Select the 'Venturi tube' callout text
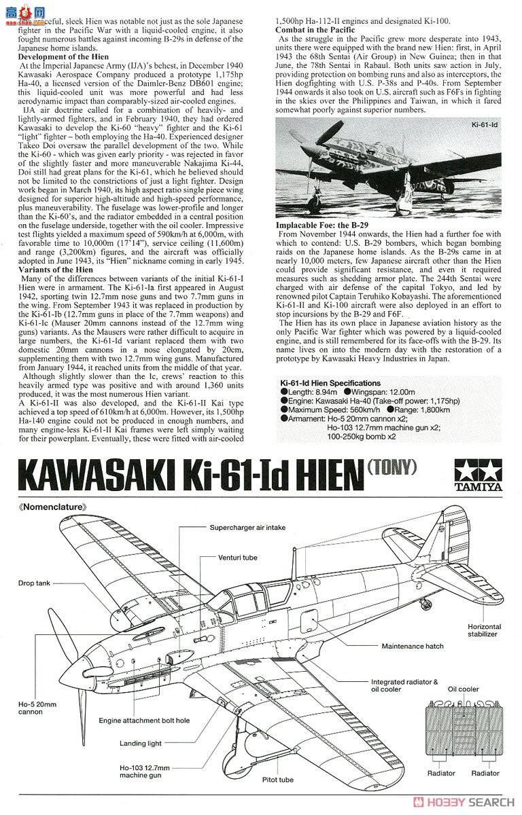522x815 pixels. click(x=237, y=558)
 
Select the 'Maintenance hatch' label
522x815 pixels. click(x=413, y=646)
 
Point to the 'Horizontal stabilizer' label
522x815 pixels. click(x=485, y=630)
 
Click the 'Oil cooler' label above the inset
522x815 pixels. click(x=463, y=688)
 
